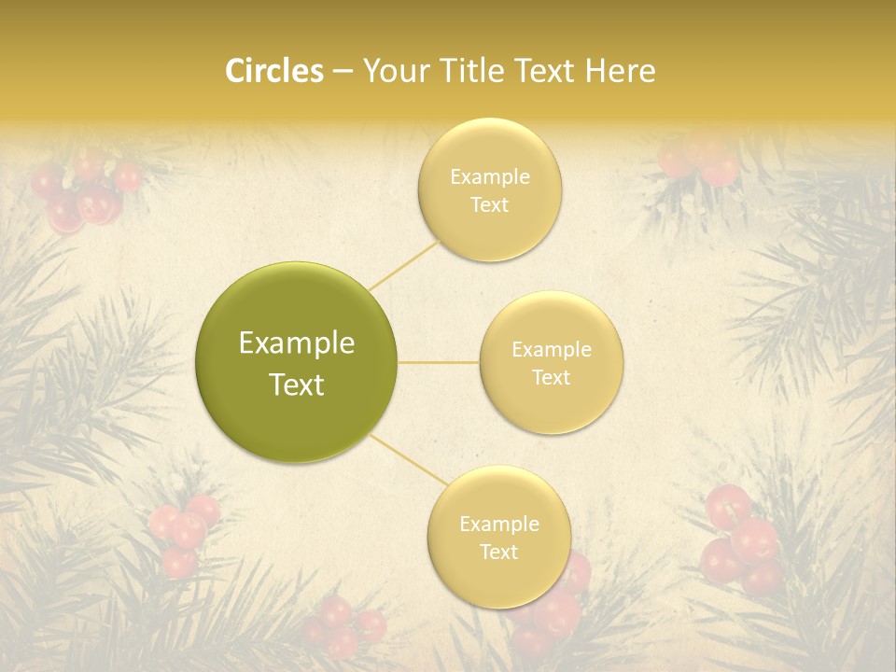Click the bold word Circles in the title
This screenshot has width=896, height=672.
click(x=273, y=71)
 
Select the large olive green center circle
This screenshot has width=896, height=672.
click(x=296, y=362)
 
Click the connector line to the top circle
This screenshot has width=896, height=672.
click(x=403, y=265)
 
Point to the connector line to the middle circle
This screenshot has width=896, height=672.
click(x=439, y=362)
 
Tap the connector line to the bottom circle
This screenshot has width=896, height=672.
click(x=406, y=461)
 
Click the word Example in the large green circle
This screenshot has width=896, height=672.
click(x=296, y=343)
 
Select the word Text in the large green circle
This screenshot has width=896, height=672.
click(x=296, y=385)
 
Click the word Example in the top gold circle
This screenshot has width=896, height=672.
click(x=489, y=177)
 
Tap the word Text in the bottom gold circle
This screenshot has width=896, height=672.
click(x=498, y=553)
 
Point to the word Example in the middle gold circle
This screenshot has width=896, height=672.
click(x=552, y=350)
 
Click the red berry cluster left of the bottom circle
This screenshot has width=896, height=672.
click(x=184, y=532)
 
